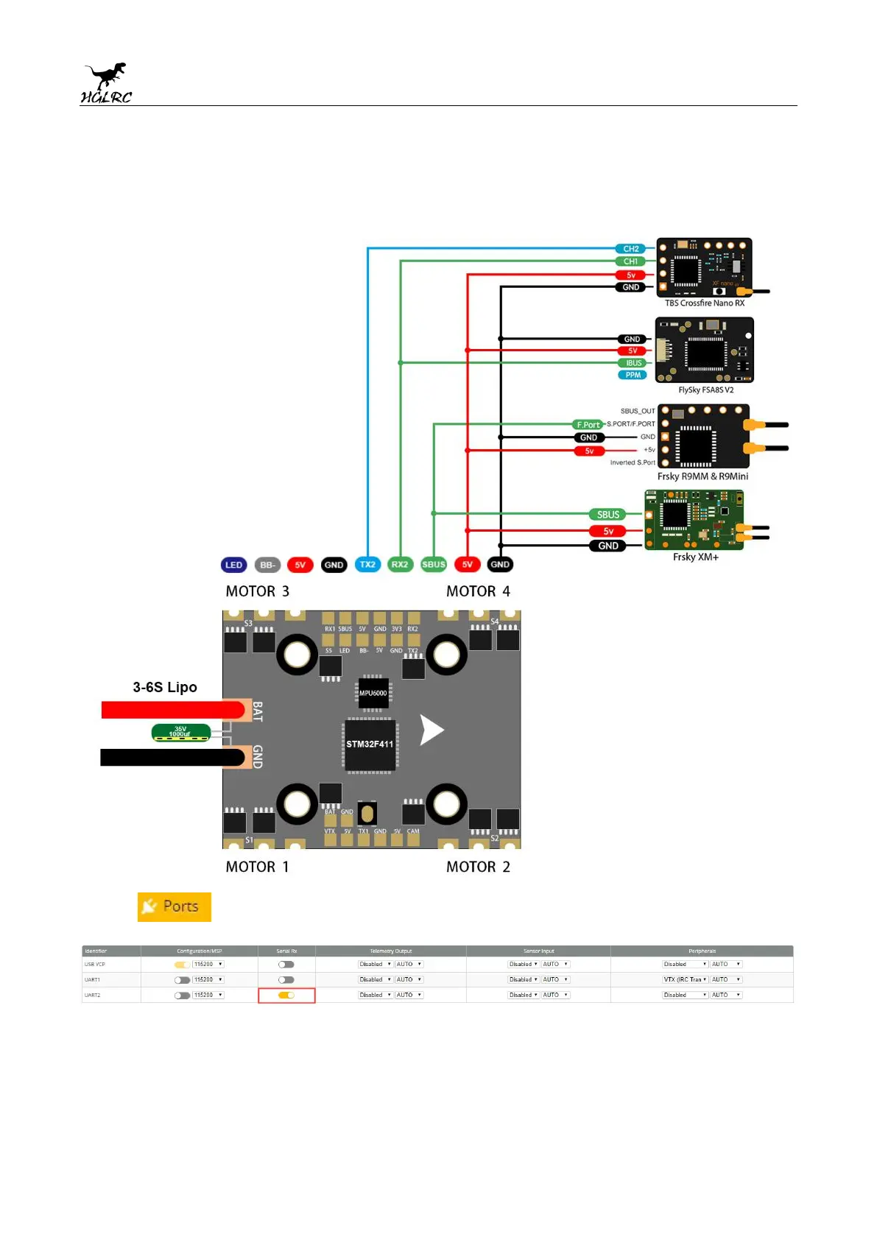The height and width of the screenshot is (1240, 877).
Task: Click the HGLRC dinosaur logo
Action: (x=106, y=83)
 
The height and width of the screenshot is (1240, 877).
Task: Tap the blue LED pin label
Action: (x=233, y=565)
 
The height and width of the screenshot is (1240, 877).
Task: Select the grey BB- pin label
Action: (x=267, y=565)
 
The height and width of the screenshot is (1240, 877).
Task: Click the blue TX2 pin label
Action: (x=367, y=565)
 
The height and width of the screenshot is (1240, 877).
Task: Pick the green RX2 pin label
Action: (x=400, y=565)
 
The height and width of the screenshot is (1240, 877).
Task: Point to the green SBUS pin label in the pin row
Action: (x=434, y=565)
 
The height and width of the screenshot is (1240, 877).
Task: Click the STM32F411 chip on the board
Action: (x=370, y=744)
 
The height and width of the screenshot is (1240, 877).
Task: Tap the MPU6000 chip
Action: (x=373, y=693)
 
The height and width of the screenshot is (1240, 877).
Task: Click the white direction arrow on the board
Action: (x=431, y=730)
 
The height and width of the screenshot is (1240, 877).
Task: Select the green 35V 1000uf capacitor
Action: (x=180, y=733)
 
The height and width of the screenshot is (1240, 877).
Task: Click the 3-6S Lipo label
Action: (x=165, y=687)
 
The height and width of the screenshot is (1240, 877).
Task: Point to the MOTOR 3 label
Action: (x=257, y=591)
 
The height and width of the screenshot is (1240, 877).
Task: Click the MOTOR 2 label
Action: (x=478, y=867)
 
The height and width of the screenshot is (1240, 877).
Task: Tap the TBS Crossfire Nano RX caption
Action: (x=705, y=303)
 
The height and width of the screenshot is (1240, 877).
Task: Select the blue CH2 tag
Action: (x=630, y=249)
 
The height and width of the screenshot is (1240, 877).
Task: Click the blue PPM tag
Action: (x=633, y=375)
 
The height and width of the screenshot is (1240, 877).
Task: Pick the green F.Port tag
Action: (x=588, y=425)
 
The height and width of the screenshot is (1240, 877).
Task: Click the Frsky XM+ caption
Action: (x=695, y=557)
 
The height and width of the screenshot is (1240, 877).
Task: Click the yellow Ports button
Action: (x=175, y=906)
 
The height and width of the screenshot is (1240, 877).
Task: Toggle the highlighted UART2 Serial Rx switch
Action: (x=286, y=995)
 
